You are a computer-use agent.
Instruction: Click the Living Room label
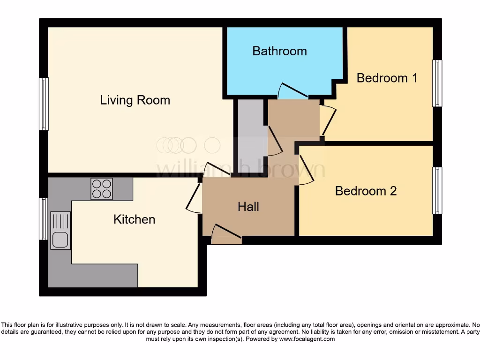(135, 100)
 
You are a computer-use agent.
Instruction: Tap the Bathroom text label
(279, 51)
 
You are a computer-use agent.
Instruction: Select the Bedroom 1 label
(387, 78)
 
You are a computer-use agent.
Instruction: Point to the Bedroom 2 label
(366, 191)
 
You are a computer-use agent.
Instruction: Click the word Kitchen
(134, 219)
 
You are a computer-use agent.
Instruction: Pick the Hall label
(248, 207)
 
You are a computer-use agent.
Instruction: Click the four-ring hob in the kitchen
(102, 189)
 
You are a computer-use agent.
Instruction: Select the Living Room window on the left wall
(44, 104)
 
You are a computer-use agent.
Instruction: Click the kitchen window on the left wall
(44, 218)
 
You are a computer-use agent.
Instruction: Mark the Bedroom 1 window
(437, 83)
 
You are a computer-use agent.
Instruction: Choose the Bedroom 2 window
(437, 190)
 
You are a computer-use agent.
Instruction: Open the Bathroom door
(292, 91)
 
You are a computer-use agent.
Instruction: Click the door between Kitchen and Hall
(194, 197)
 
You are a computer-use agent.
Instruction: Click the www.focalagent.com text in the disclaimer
(307, 339)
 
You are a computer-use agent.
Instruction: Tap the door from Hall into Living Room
(216, 169)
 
